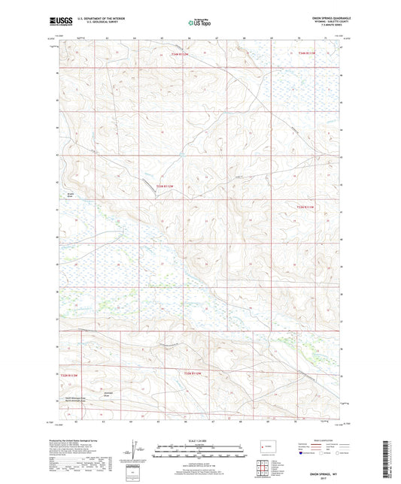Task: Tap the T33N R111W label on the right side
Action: [x=308, y=207]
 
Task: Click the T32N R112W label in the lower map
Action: [x=193, y=372]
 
